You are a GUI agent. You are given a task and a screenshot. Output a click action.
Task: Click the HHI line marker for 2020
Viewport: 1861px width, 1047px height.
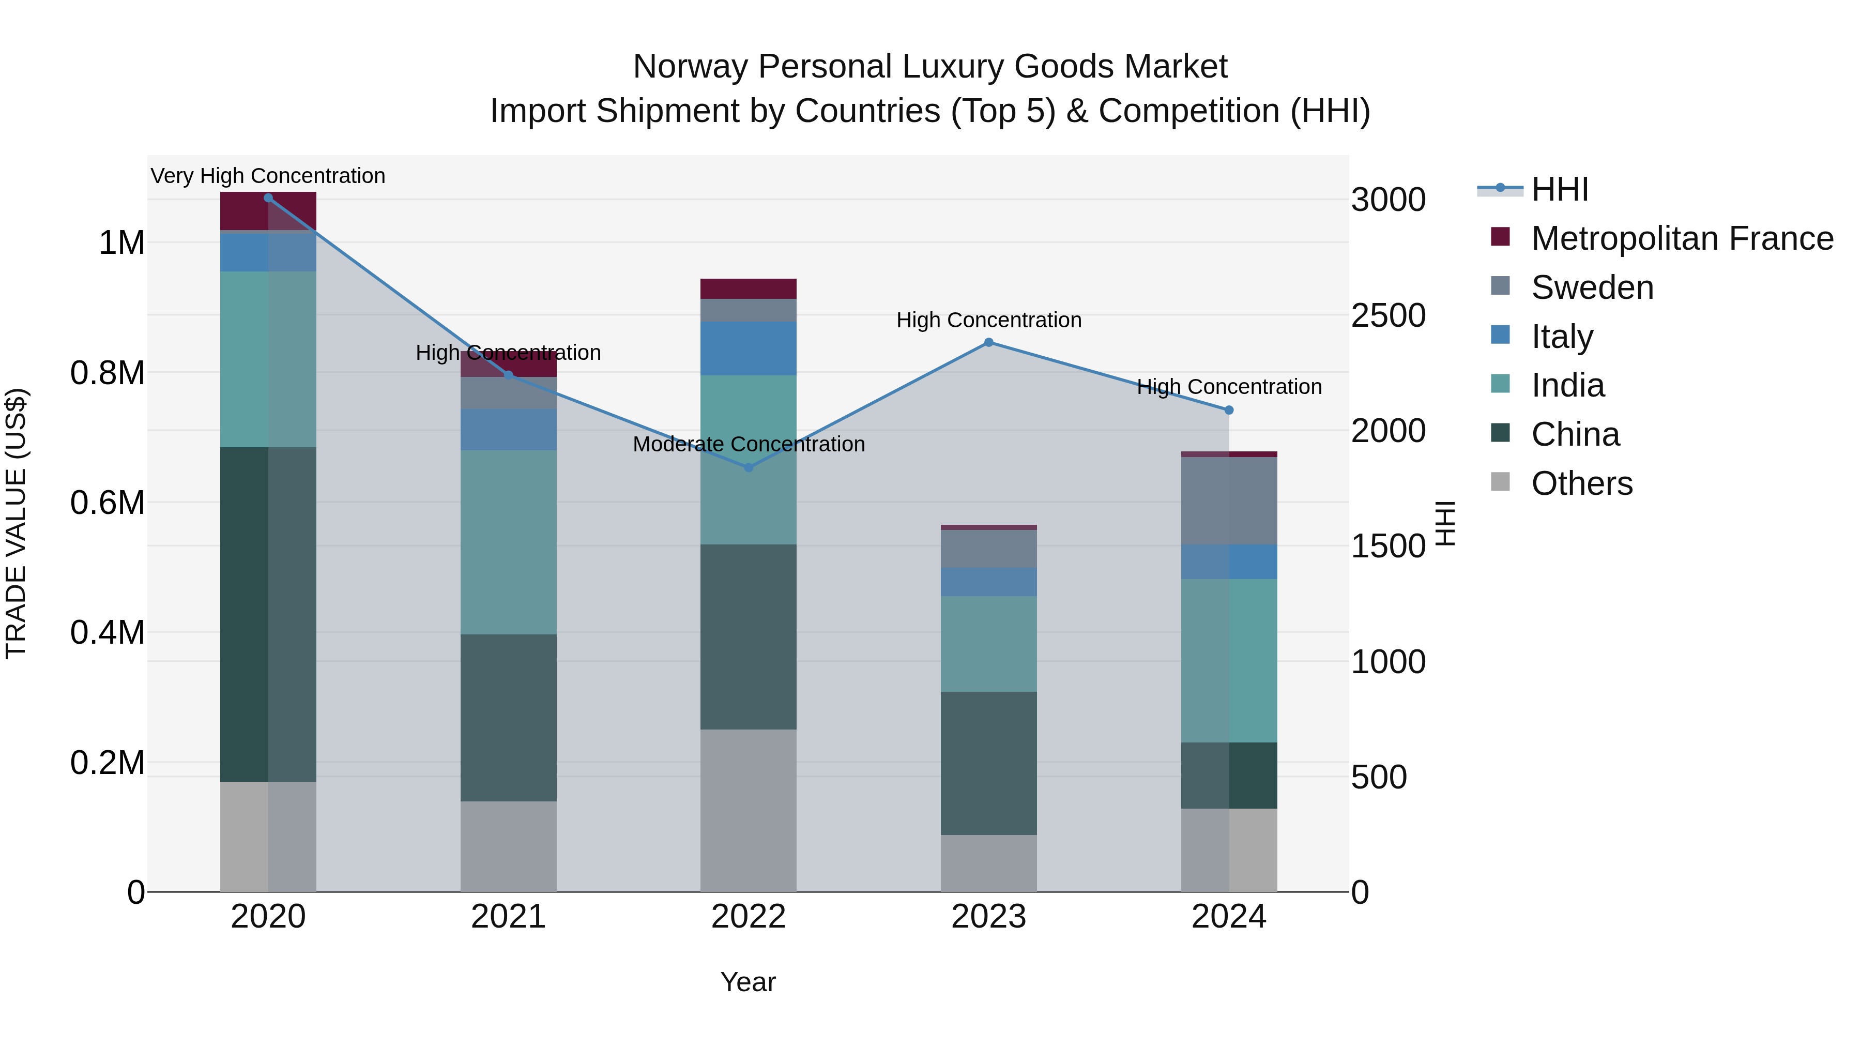tap(268, 198)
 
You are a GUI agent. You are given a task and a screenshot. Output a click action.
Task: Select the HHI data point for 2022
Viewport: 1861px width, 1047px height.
tap(749, 467)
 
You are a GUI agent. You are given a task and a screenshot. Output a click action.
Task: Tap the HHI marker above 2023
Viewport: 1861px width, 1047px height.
tap(989, 342)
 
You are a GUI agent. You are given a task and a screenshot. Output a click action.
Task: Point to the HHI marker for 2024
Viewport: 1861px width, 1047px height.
tap(1229, 409)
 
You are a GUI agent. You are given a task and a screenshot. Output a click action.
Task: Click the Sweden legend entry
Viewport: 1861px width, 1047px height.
tap(1592, 287)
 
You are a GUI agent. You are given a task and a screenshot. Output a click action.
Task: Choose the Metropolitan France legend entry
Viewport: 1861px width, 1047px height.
tap(1681, 238)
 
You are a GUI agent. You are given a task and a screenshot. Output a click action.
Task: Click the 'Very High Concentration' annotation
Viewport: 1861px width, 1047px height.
tap(268, 176)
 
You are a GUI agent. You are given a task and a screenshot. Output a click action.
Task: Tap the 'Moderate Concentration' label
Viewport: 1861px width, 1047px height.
tap(749, 444)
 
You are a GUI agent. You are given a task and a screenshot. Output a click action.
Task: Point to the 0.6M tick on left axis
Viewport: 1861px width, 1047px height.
tap(108, 502)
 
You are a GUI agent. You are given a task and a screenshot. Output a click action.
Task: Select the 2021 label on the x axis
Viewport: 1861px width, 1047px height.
tap(508, 917)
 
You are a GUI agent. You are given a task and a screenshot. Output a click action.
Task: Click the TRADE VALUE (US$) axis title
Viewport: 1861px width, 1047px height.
tap(16, 523)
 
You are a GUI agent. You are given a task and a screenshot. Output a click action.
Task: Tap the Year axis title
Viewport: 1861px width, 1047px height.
tap(748, 982)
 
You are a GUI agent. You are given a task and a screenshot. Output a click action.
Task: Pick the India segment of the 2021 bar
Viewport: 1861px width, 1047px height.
tap(508, 542)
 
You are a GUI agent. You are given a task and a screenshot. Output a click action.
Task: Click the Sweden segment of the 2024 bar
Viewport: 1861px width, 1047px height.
tap(1229, 500)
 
